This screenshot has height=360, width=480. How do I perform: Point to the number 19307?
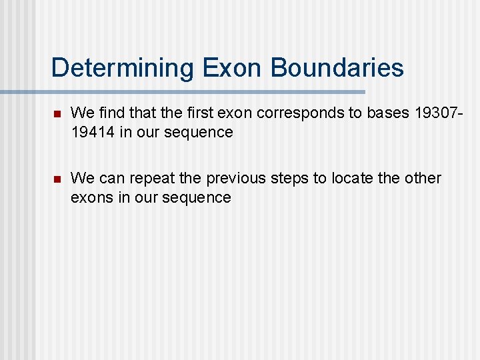click(x=436, y=113)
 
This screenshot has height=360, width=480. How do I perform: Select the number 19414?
click(x=93, y=132)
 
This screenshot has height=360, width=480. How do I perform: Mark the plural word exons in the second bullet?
click(x=91, y=197)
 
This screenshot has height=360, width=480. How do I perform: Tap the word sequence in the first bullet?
click(x=201, y=132)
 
